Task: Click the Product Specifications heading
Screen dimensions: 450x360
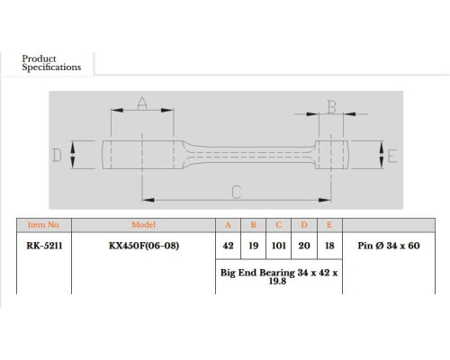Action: click(51, 63)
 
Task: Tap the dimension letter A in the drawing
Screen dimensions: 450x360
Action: click(142, 103)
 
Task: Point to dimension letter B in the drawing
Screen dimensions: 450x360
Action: click(331, 107)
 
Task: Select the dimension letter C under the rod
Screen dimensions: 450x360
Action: click(237, 193)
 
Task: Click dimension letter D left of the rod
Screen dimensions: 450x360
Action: click(57, 155)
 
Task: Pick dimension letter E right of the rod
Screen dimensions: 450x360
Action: click(392, 156)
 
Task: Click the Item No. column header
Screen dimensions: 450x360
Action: click(44, 225)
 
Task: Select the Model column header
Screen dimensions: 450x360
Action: click(143, 225)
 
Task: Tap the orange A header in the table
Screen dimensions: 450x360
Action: click(228, 225)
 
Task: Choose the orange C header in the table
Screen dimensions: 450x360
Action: click(278, 225)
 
